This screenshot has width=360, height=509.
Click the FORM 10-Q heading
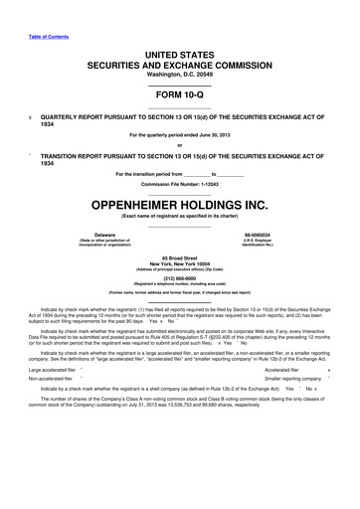click(179, 94)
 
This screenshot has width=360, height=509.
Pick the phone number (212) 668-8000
click(179, 277)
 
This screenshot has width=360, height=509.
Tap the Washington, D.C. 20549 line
click(179, 75)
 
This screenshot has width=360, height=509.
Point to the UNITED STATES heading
click(179, 55)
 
